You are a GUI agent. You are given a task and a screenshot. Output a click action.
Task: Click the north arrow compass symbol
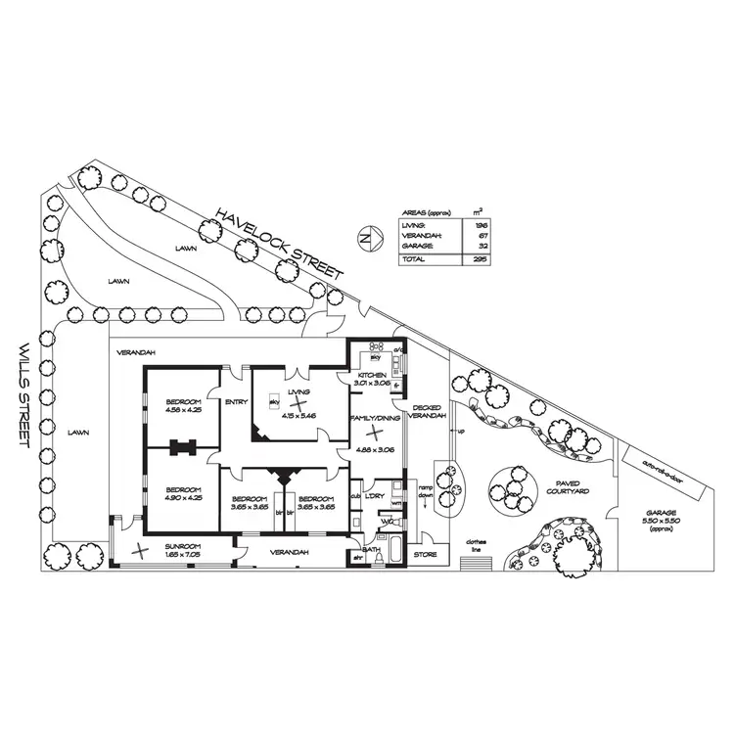click(364, 238)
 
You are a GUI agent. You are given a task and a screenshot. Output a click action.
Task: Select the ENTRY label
click(236, 402)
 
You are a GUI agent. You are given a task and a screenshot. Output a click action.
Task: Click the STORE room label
click(424, 555)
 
